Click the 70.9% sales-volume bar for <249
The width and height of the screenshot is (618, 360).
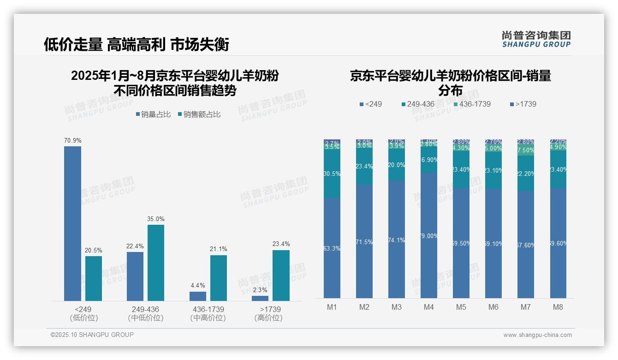(x=72, y=223)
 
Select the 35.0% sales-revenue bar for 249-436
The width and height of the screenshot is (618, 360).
(x=156, y=263)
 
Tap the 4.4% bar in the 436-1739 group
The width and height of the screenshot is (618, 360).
(x=198, y=296)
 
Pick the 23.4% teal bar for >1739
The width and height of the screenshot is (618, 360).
(x=281, y=276)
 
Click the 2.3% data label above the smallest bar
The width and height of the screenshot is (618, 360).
(x=260, y=290)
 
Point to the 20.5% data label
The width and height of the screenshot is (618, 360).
(x=94, y=250)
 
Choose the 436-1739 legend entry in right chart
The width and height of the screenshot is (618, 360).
(x=472, y=104)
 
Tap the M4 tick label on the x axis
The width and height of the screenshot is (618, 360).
(x=429, y=307)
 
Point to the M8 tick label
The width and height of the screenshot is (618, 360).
(x=558, y=307)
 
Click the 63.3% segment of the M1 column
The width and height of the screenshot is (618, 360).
(x=332, y=248)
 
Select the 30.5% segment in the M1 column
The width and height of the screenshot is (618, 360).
(x=332, y=174)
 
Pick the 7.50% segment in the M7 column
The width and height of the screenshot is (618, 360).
(x=526, y=150)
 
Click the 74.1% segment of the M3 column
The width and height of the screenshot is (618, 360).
(x=397, y=240)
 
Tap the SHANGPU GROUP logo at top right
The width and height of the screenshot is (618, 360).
(x=536, y=39)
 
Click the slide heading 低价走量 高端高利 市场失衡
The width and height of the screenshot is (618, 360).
(x=136, y=44)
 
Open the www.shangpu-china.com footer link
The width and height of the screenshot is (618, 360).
(x=537, y=335)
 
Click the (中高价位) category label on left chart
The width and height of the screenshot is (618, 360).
(x=208, y=318)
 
